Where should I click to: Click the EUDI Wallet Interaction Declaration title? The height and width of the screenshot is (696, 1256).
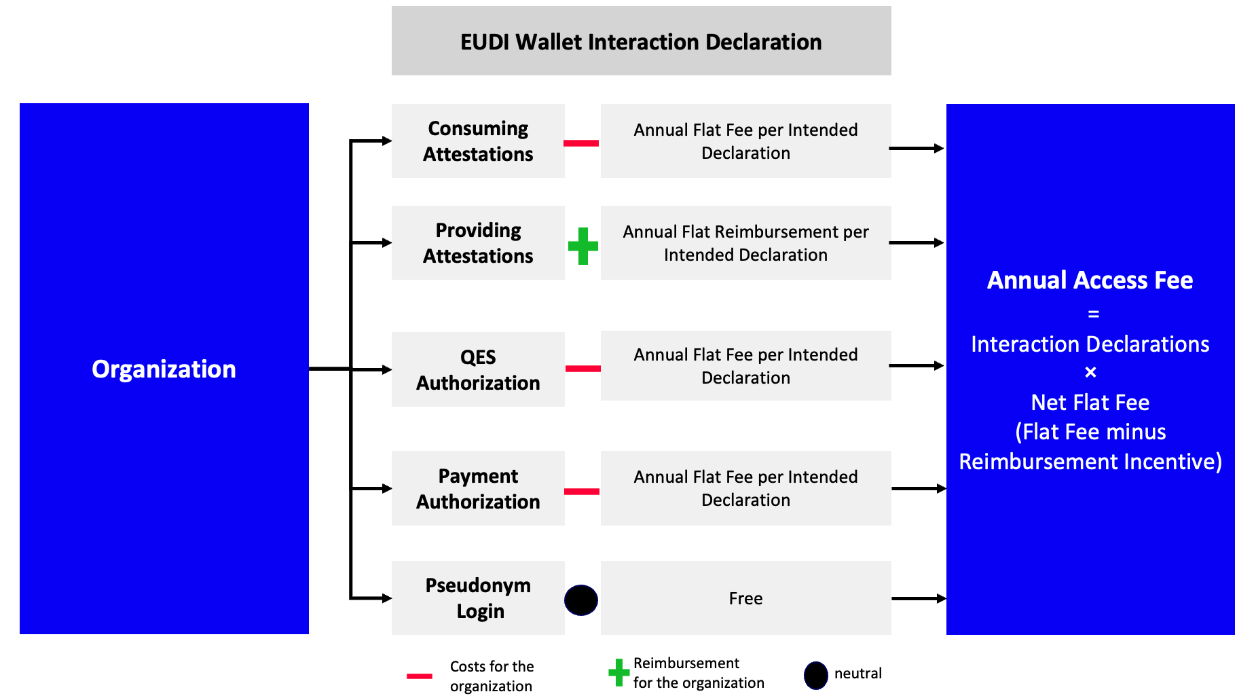tap(641, 42)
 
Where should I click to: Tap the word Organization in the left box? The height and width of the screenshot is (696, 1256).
tap(164, 369)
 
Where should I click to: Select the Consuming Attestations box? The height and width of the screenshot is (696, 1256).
tap(478, 141)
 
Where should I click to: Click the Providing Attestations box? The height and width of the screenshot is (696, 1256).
tap(478, 243)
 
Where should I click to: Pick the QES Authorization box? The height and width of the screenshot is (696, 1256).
tap(478, 369)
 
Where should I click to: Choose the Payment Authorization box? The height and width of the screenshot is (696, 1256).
tap(478, 488)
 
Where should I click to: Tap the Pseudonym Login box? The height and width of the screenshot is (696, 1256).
tap(478, 598)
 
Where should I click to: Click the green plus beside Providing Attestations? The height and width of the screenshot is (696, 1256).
tap(583, 246)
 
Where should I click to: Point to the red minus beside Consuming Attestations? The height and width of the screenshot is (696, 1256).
tap(581, 143)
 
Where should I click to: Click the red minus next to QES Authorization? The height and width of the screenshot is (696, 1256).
tap(583, 369)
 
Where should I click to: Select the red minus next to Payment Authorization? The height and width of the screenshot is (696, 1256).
tap(582, 491)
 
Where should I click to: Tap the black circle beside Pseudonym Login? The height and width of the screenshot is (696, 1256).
tap(581, 600)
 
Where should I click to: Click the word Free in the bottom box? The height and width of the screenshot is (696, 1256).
tap(745, 598)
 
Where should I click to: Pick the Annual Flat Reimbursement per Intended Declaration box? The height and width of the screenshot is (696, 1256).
tap(745, 243)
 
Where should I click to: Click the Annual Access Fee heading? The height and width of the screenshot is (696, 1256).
tap(1090, 280)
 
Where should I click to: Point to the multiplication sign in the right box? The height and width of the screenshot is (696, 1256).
tap(1090, 372)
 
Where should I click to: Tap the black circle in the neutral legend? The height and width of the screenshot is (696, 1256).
tap(815, 675)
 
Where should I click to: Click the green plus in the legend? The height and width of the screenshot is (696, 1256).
tap(618, 672)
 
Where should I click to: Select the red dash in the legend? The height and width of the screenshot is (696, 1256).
tap(420, 676)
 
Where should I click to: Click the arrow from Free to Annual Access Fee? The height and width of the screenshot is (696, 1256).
tap(918, 598)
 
